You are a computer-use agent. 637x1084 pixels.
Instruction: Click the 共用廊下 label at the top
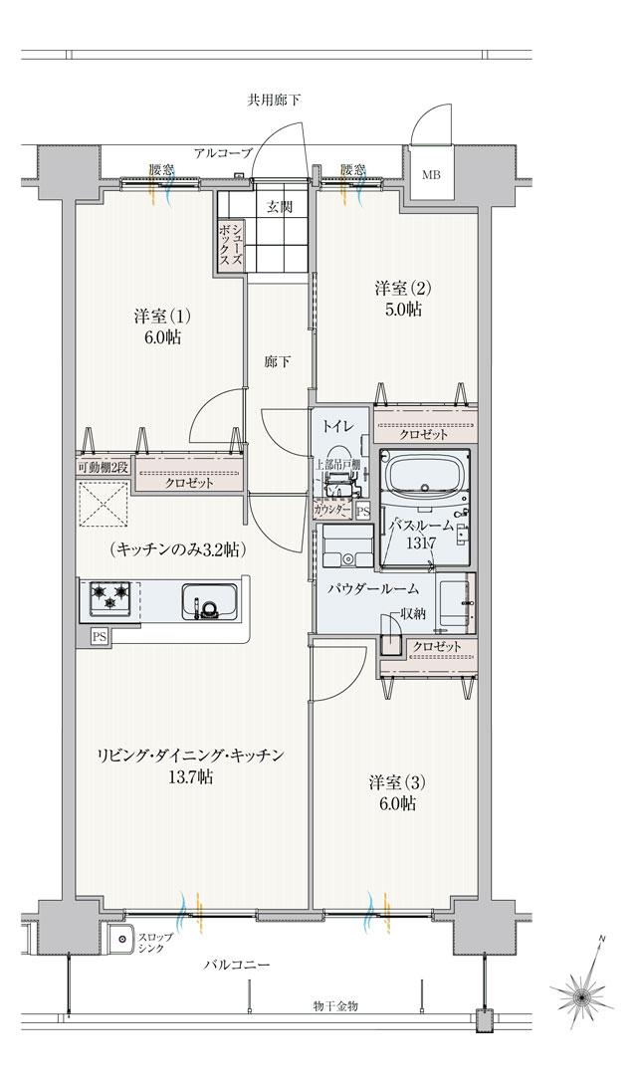(x=274, y=101)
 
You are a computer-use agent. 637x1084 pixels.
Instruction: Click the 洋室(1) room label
(x=160, y=317)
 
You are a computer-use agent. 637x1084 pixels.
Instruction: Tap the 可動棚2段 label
(x=103, y=467)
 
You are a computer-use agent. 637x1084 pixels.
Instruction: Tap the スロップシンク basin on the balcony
(x=123, y=939)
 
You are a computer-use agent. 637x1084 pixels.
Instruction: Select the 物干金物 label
(x=334, y=1006)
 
